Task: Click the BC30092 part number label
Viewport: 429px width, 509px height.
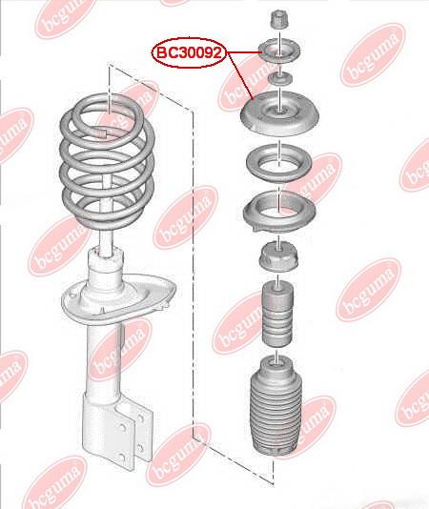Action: (189, 52)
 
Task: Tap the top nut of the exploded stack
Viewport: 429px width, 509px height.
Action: (279, 19)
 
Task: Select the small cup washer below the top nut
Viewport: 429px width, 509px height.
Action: (279, 51)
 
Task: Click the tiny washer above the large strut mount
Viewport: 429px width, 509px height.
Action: (279, 79)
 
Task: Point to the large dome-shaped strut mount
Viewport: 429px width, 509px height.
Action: (279, 113)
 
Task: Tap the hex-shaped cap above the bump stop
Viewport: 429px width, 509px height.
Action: (278, 257)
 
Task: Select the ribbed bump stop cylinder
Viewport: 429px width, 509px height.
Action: (277, 315)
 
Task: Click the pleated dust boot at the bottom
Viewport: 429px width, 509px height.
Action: (276, 406)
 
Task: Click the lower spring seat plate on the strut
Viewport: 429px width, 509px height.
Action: (118, 298)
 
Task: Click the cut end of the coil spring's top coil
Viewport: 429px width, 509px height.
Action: (101, 132)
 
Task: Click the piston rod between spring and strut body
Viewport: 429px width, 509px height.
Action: (106, 241)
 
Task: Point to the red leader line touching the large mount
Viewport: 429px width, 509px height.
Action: (240, 75)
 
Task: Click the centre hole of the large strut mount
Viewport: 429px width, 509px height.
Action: (278, 112)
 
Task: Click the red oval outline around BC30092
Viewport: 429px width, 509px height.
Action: (189, 53)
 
